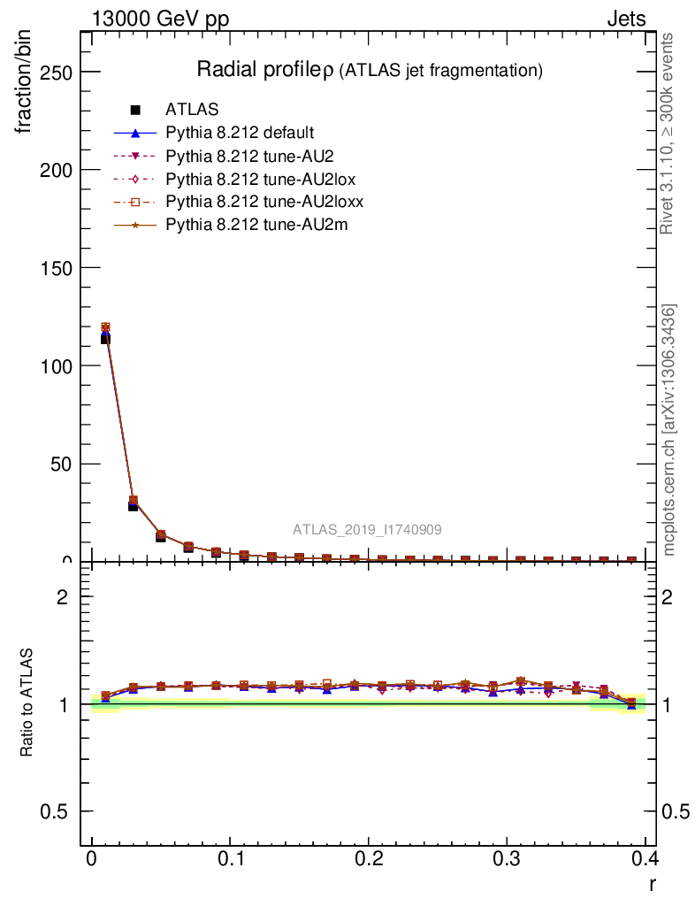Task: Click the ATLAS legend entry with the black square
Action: (192, 111)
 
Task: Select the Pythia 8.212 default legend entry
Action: (240, 134)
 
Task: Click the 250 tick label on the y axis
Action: (55, 72)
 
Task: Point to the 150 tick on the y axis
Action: (55, 268)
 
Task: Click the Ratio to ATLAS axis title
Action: (27, 703)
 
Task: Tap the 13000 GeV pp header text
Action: (160, 19)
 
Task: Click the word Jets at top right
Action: (625, 19)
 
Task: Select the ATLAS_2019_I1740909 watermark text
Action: (368, 530)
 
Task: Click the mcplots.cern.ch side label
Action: (669, 430)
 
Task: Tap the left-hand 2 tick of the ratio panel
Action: (62, 596)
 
